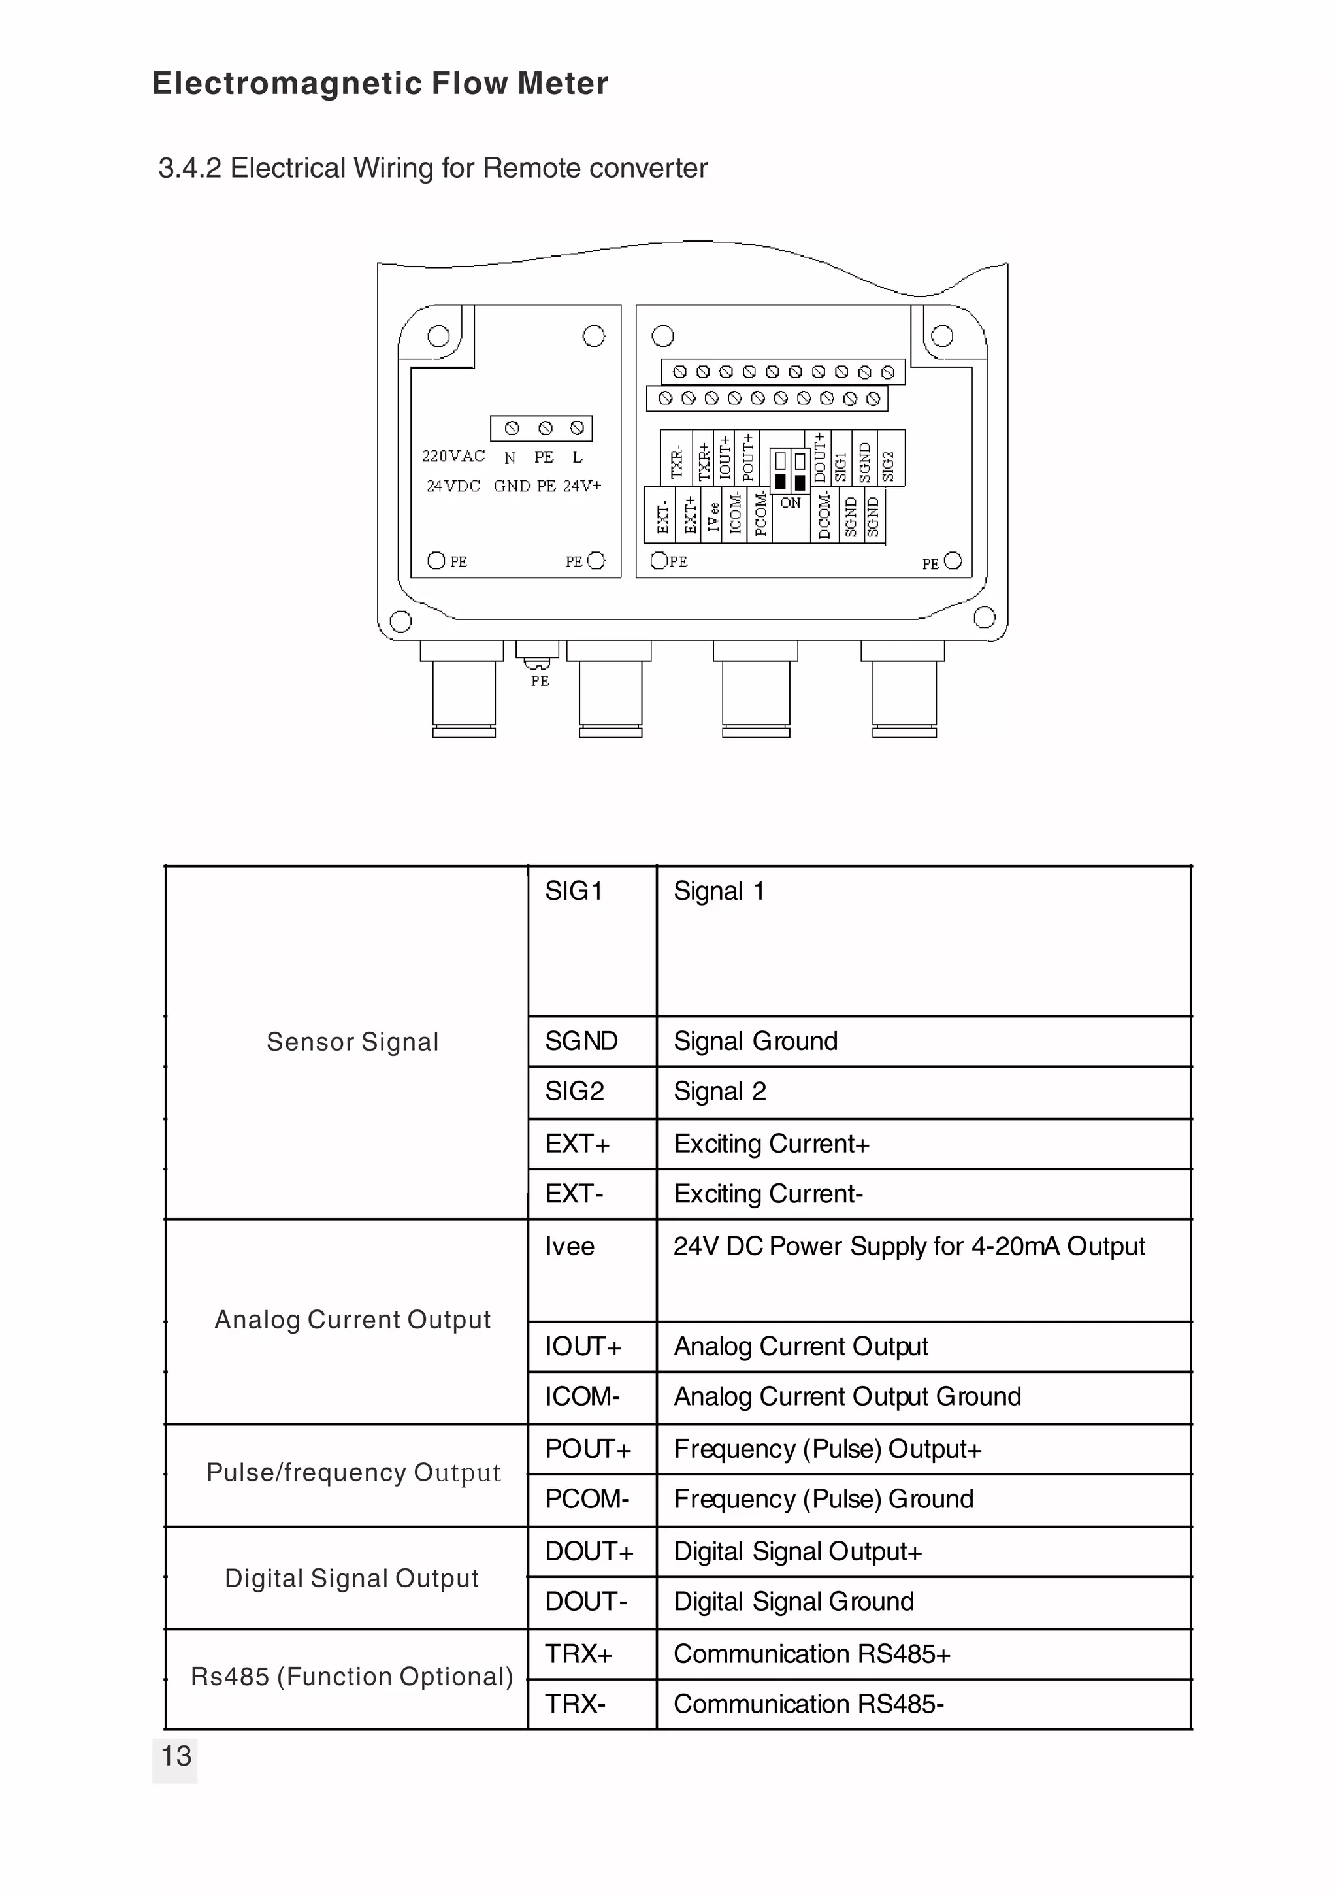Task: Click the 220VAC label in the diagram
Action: tap(453, 456)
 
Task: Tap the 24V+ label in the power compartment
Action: tap(582, 486)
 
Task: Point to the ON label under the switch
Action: tap(790, 503)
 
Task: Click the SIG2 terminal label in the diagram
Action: tap(888, 466)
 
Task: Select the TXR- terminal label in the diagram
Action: tap(677, 463)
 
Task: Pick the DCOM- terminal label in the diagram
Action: tap(824, 517)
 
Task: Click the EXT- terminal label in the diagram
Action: tap(663, 517)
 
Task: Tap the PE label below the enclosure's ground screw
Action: tap(540, 681)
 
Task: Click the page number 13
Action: tap(176, 1756)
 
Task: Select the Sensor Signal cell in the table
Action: tap(352, 1042)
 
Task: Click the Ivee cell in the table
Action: tap(570, 1247)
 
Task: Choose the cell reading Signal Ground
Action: tap(755, 1042)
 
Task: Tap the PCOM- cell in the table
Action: tap(587, 1499)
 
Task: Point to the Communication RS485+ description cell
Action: tap(812, 1654)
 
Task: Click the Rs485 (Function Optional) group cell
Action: tap(352, 1677)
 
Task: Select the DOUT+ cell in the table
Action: tap(589, 1552)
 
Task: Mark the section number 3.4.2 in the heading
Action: tap(189, 168)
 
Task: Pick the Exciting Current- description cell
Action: tap(768, 1194)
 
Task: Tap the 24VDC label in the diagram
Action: tap(453, 486)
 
